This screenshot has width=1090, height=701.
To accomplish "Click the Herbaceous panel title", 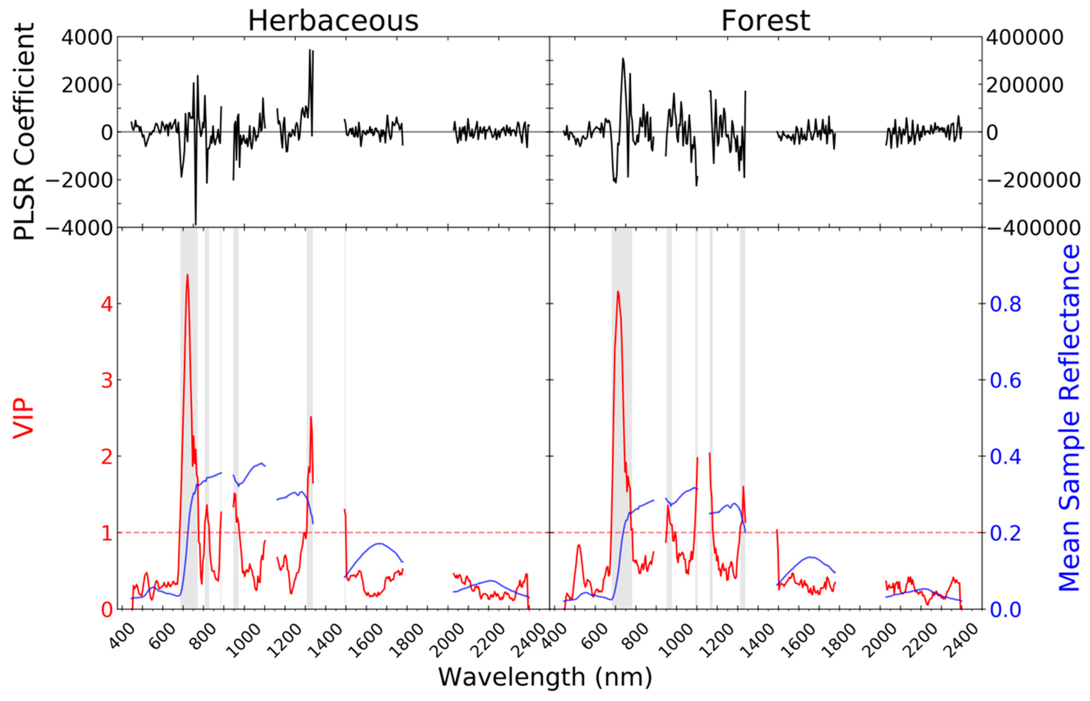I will (x=333, y=21).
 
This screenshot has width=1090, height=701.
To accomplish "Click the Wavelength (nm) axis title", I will (x=545, y=677).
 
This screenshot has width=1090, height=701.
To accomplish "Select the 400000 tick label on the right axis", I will (x=1024, y=37).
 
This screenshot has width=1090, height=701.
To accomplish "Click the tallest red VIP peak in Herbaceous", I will (x=187, y=275).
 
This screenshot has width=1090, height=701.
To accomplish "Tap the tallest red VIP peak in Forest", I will (x=618, y=292).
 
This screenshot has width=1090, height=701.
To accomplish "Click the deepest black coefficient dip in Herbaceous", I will (x=195, y=224).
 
